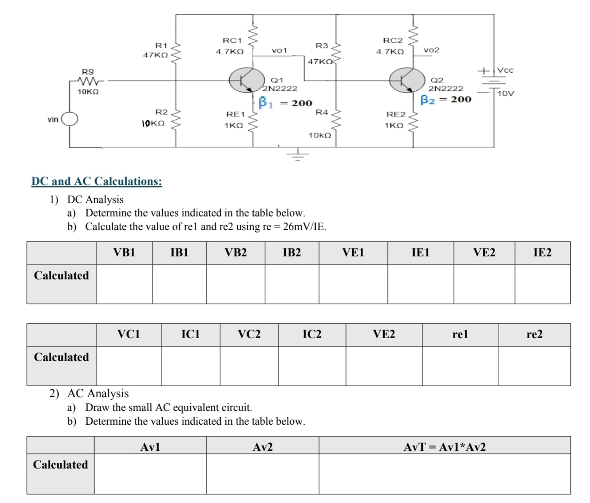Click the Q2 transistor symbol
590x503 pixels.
(x=407, y=80)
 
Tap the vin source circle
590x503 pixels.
(x=70, y=119)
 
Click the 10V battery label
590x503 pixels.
(x=506, y=93)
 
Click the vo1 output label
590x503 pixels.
(x=279, y=50)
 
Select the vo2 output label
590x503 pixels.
(x=431, y=50)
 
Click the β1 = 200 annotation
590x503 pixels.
(x=285, y=103)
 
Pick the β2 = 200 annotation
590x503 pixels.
(x=446, y=99)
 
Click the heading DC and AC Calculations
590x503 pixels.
(x=97, y=181)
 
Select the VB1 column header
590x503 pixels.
(x=124, y=253)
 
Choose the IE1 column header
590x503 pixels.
(x=420, y=253)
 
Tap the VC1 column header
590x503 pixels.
(x=129, y=334)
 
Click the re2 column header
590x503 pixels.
(x=534, y=334)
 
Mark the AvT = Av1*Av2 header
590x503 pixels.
(x=444, y=447)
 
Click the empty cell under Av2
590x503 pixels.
(x=263, y=474)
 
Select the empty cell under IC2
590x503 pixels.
(x=312, y=366)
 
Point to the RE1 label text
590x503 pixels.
(x=235, y=114)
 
